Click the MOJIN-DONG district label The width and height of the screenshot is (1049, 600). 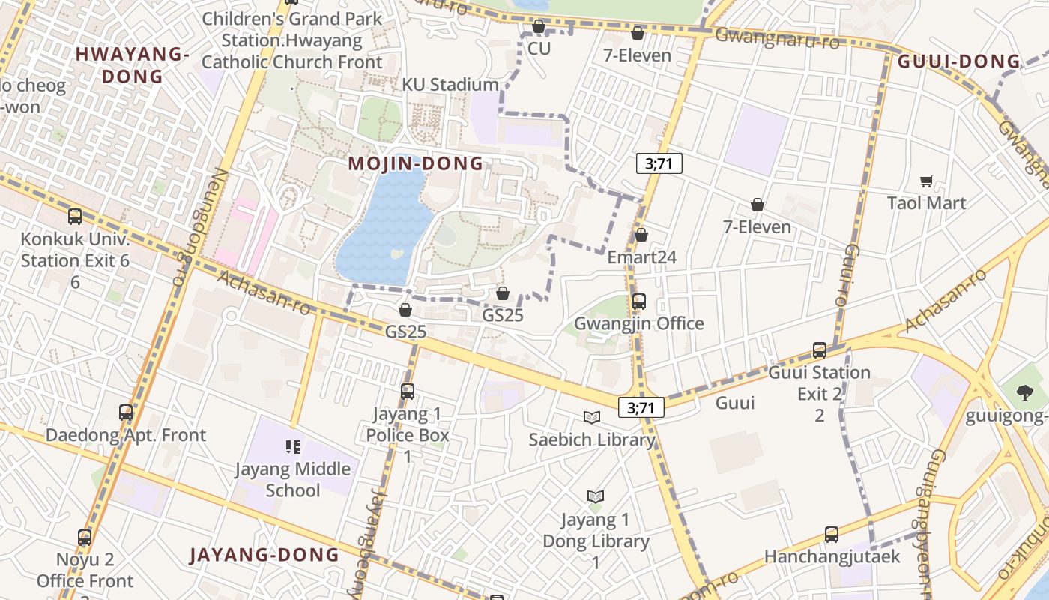(x=415, y=163)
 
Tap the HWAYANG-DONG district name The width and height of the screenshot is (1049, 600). (x=131, y=64)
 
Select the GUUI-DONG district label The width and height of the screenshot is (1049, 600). (x=959, y=62)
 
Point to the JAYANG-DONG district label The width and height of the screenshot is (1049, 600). (x=264, y=555)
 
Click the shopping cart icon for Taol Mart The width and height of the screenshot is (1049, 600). (x=927, y=181)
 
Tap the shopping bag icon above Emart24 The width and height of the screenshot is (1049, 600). (x=641, y=235)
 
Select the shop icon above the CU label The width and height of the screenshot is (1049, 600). (x=538, y=27)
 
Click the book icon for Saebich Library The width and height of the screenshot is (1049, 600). (x=592, y=417)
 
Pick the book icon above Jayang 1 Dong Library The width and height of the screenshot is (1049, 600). (x=596, y=496)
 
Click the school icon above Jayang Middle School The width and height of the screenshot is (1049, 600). (x=293, y=447)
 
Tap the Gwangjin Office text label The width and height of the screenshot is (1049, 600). (x=638, y=323)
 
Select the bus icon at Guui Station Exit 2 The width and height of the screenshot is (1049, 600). (x=819, y=350)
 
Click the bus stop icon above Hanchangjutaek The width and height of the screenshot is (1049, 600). (x=831, y=535)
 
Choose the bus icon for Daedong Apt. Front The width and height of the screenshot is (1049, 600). (x=126, y=412)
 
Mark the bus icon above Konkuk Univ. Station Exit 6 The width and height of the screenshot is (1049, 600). (x=75, y=217)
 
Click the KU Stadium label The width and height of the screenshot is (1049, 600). (x=450, y=85)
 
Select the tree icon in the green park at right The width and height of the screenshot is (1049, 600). (x=1024, y=392)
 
